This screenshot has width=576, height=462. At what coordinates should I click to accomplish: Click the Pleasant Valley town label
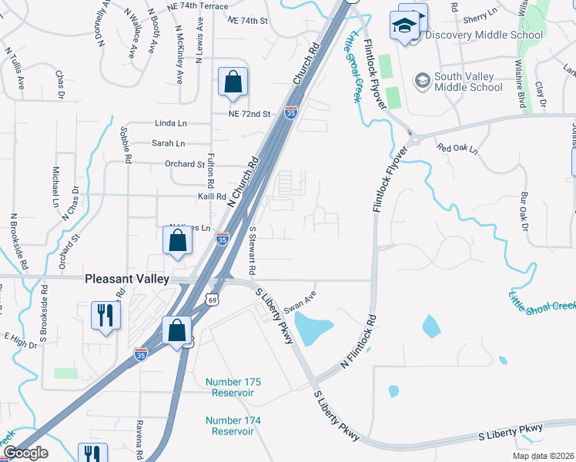(x=126, y=280)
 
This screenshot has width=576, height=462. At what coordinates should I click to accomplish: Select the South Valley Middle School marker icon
(x=422, y=80)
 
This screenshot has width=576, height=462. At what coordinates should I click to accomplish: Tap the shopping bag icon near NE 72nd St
(x=233, y=82)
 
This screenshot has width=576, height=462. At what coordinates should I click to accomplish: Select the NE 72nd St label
(x=249, y=114)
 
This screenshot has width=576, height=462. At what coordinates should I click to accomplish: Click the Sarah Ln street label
(x=168, y=143)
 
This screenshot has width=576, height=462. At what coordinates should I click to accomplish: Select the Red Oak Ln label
(x=457, y=147)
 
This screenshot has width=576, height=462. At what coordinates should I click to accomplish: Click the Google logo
(x=25, y=453)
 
